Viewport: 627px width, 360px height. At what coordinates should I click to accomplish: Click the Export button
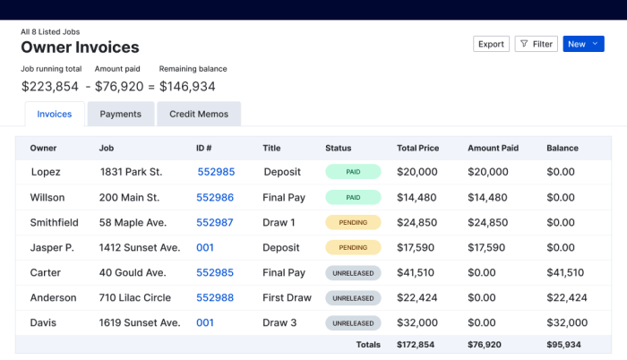click(x=491, y=44)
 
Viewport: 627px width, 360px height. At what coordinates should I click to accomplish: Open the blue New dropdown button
click(x=583, y=44)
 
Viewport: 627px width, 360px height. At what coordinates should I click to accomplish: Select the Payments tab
click(x=120, y=115)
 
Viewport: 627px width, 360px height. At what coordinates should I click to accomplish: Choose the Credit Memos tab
click(x=199, y=115)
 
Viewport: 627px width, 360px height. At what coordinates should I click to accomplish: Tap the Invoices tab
click(x=55, y=115)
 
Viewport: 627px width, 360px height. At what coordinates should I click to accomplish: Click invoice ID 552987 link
click(x=215, y=222)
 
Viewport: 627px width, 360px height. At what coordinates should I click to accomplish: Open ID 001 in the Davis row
click(x=205, y=322)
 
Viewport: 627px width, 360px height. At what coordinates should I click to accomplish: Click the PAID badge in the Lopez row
click(x=353, y=172)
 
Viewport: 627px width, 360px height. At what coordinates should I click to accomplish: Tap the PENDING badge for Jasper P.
click(x=353, y=247)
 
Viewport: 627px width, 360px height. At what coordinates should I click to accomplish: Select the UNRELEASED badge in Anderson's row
click(x=353, y=297)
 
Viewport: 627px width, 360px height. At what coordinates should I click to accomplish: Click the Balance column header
click(x=563, y=149)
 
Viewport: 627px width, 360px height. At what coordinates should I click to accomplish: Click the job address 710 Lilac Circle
click(x=134, y=297)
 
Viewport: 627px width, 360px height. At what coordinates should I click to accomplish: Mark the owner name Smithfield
click(x=54, y=222)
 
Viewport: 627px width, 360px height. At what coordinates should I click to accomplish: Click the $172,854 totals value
click(x=416, y=345)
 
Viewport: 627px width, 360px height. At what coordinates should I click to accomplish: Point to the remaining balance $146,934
click(x=187, y=87)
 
